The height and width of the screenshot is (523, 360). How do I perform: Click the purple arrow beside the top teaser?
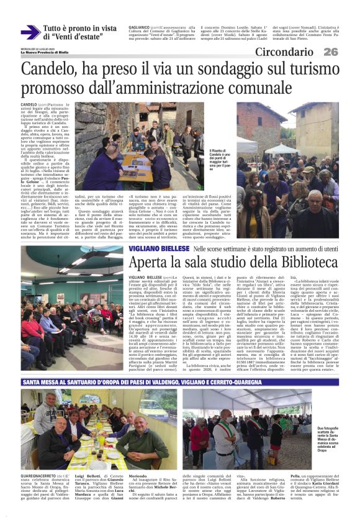[x=30, y=32]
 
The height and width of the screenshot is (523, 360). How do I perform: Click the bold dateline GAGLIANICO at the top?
[x=140, y=28]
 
